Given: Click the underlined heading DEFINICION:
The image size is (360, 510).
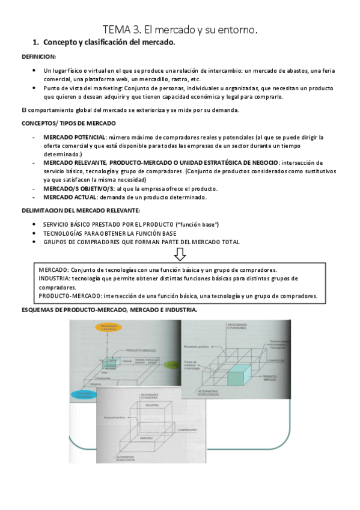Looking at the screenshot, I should point(39,57).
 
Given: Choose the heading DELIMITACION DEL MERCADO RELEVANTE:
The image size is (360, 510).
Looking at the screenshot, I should point(81,210).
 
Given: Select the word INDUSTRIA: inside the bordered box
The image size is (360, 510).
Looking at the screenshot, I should point(53,278).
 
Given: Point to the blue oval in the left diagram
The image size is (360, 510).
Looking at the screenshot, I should point(82,395).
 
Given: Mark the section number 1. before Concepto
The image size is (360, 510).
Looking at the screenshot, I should point(35,43).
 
